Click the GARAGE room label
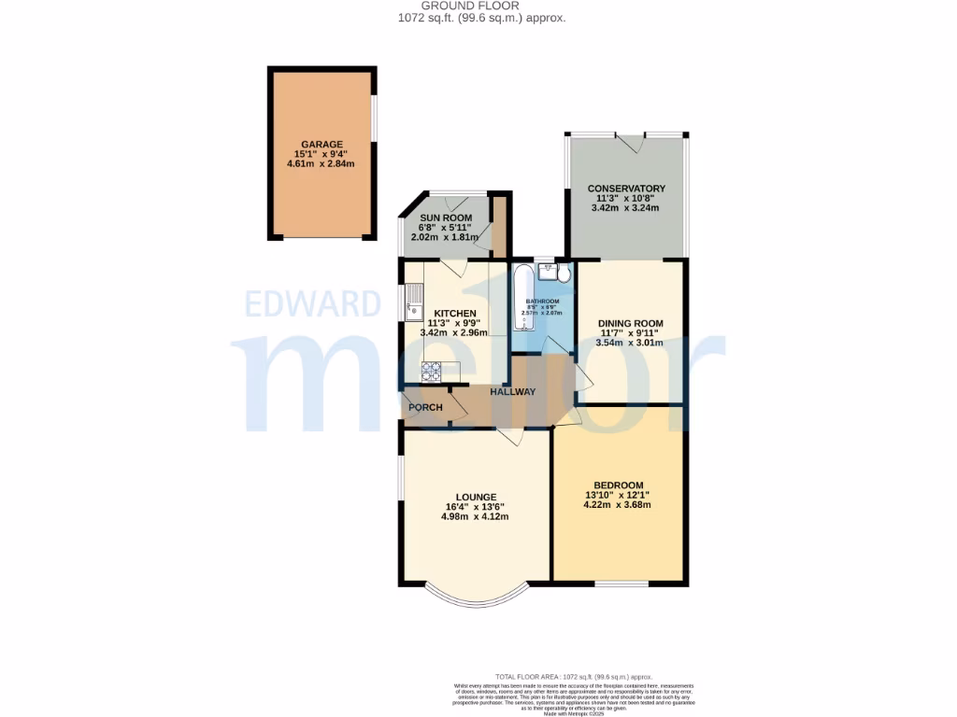click(x=321, y=145)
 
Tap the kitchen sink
click(x=412, y=305)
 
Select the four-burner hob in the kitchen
click(x=433, y=372)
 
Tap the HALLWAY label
click(x=512, y=392)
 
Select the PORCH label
click(x=425, y=408)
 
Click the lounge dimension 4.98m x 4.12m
click(x=477, y=517)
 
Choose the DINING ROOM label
click(x=630, y=324)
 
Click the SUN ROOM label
click(x=445, y=218)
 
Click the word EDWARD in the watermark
click(x=313, y=304)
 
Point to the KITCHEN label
click(x=455, y=313)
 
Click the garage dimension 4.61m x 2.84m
click(x=321, y=164)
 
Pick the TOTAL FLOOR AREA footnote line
click(x=574, y=677)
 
